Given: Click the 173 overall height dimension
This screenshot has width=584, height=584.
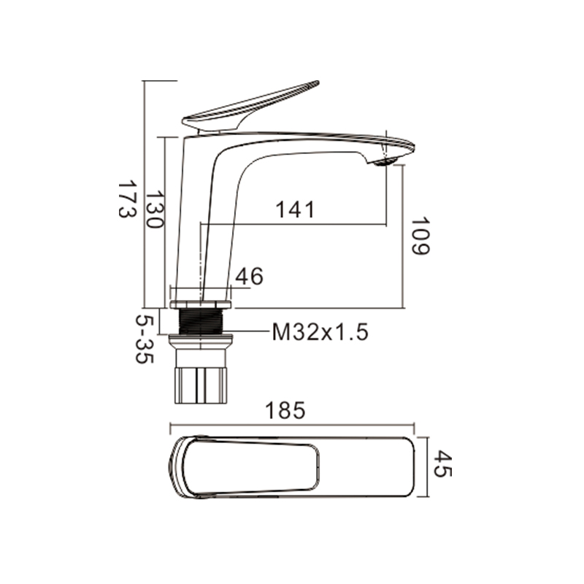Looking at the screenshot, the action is point(126,199).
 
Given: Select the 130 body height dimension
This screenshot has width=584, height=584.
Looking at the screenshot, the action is point(154,210).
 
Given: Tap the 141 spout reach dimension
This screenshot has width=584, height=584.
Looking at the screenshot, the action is point(295,210).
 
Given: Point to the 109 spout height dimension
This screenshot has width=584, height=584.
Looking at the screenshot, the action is point(420,236).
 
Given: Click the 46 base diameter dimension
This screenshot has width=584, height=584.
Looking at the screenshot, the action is point(249,277).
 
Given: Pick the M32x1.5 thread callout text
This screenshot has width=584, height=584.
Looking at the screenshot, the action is point(320,332).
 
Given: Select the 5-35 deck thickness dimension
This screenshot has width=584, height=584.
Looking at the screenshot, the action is point(145,339).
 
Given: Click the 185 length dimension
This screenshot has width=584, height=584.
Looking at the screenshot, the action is point(285,410).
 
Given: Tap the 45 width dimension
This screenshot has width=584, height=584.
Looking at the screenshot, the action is point(443,464).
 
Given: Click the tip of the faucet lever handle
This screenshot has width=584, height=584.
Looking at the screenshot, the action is point(318,82).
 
